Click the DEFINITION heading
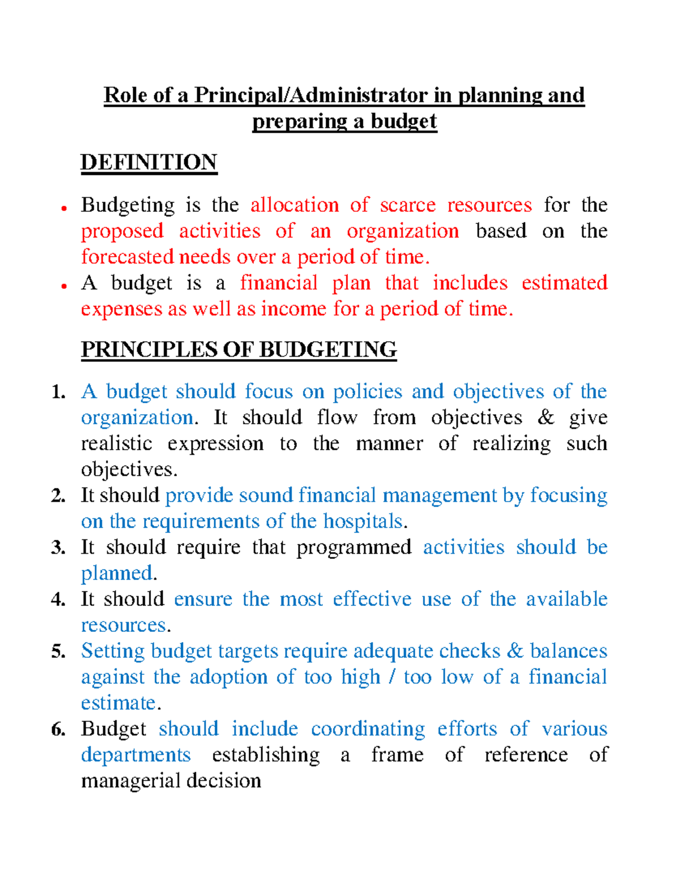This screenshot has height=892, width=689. tap(149, 163)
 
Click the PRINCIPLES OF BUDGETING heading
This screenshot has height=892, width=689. tap(239, 350)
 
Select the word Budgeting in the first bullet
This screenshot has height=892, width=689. tap(127, 206)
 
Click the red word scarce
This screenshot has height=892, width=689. tap(408, 205)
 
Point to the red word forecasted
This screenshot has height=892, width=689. tap(127, 257)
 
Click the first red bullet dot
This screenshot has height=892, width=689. tap(65, 208)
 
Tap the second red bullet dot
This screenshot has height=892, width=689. tap(65, 285)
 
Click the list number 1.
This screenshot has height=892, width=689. tap(57, 392)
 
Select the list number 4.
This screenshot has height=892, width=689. tap(57, 600)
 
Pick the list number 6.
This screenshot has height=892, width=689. tap(57, 729)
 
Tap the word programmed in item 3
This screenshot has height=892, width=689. tap(354, 547)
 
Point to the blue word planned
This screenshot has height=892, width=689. tap(117, 573)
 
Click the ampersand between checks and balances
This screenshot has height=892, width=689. tap(515, 651)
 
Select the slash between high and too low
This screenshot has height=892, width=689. tap(392, 677)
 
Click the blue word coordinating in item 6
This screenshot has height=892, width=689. tap(367, 729)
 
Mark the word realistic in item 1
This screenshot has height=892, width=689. tap(117, 443)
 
